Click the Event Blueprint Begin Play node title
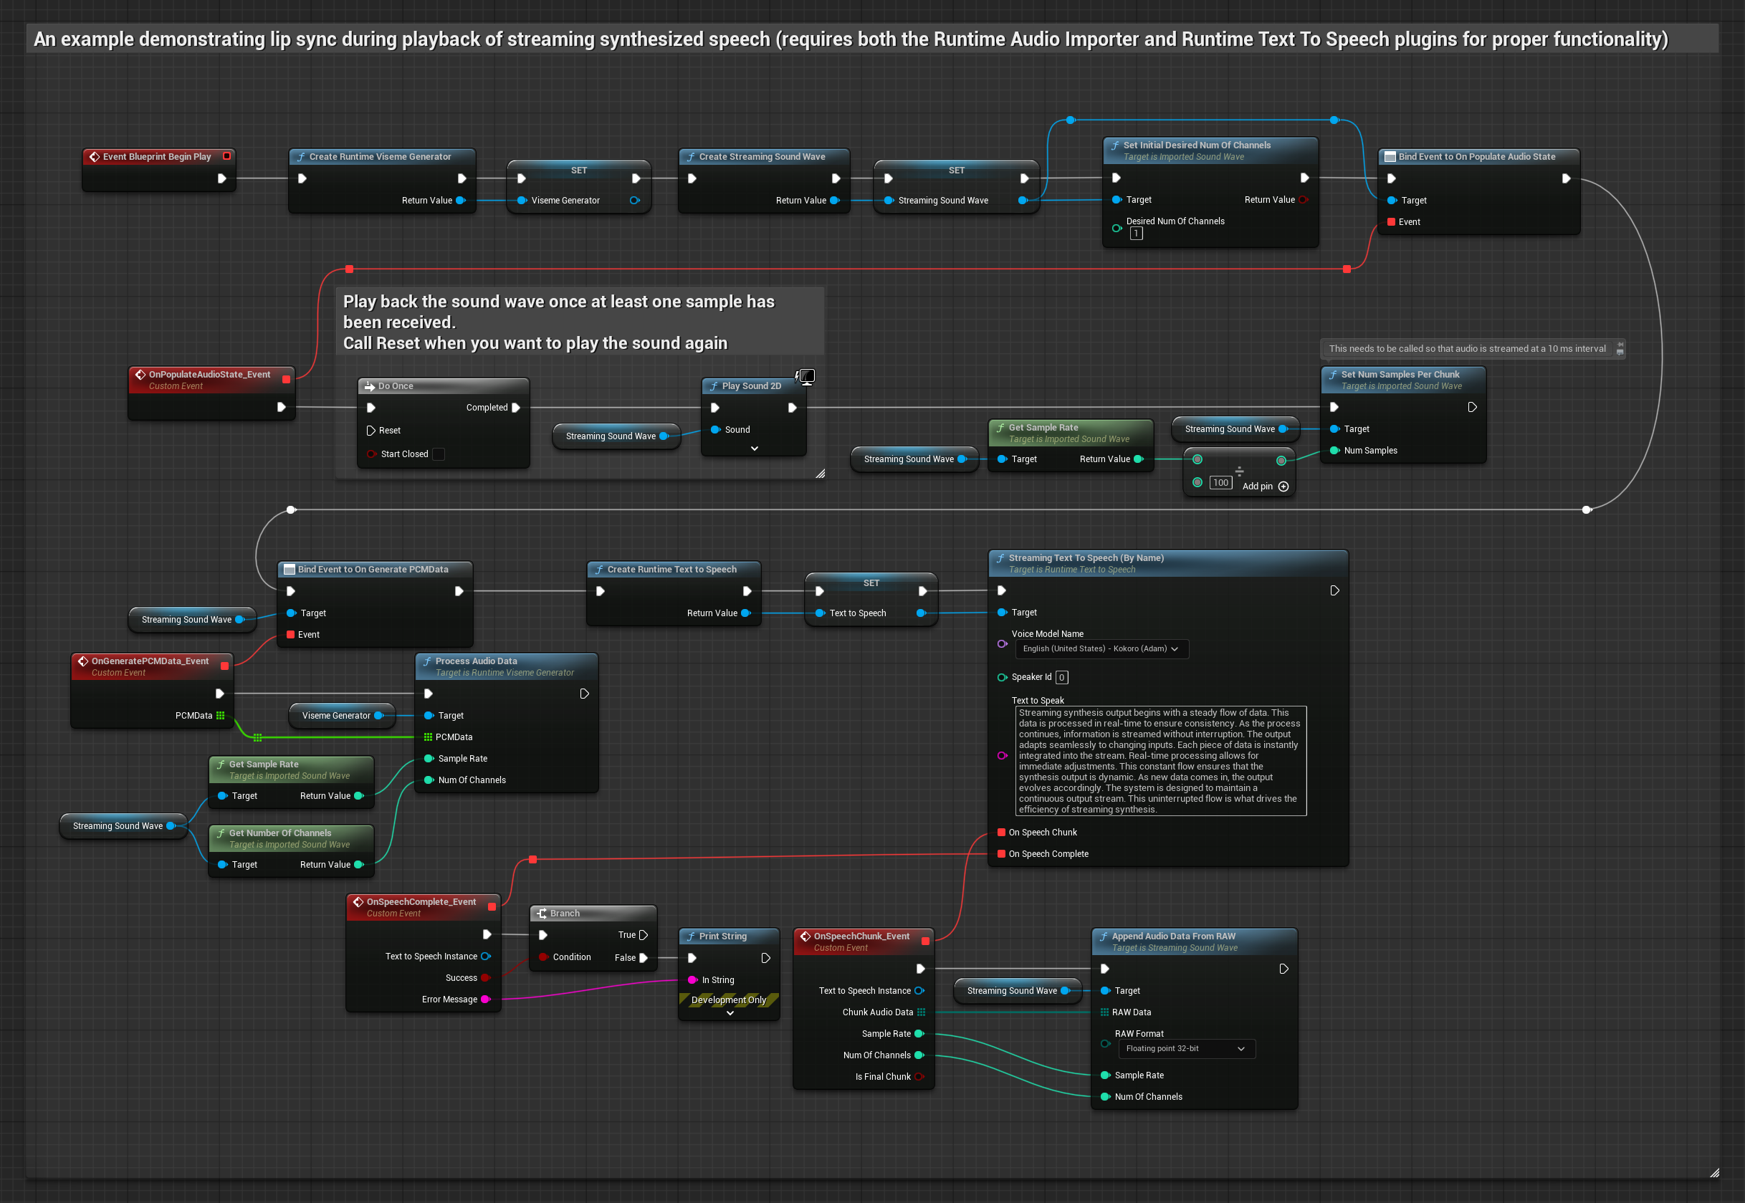coord(157,157)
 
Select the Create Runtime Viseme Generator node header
coord(380,157)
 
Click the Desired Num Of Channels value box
coord(1136,234)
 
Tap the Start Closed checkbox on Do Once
coord(439,454)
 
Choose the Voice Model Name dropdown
coord(1101,649)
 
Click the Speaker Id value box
coord(1061,678)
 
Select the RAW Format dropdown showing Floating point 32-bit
coord(1184,1048)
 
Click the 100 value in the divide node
coord(1220,483)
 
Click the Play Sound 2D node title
coord(751,386)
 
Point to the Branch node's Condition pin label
coord(571,957)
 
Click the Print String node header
coord(722,936)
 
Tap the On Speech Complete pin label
coord(1048,854)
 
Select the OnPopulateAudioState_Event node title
coord(209,375)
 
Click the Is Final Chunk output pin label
coord(883,1076)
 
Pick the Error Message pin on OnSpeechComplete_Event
coord(485,1000)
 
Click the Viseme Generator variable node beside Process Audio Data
coord(336,715)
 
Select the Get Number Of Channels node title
coord(279,833)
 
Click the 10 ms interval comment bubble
coord(1466,348)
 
